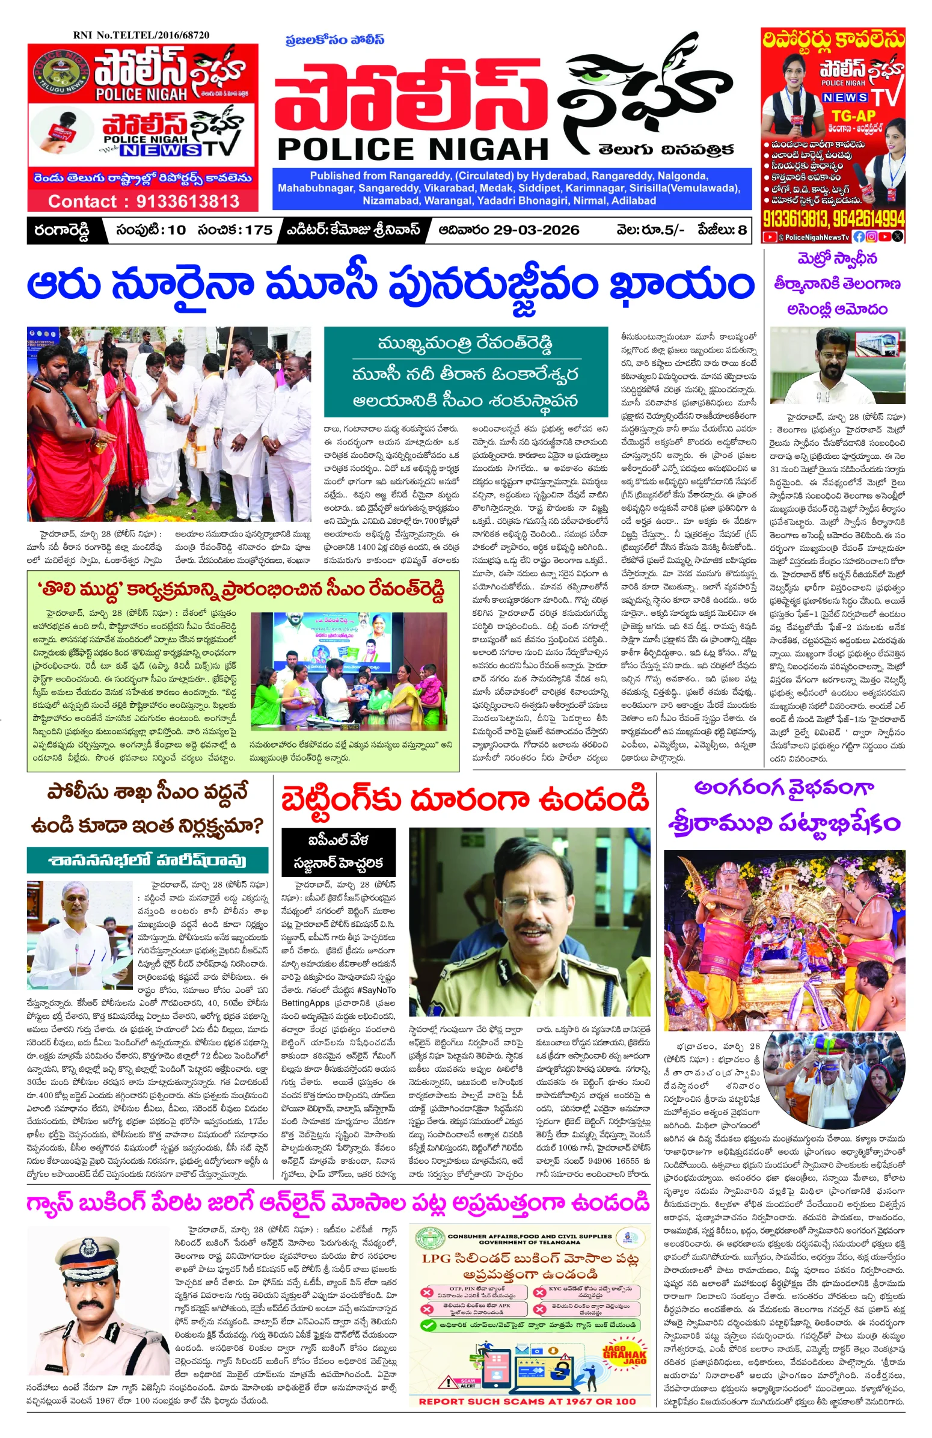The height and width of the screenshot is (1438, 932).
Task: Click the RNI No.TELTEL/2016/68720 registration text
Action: click(141, 35)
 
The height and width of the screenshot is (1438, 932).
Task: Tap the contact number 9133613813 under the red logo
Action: click(187, 201)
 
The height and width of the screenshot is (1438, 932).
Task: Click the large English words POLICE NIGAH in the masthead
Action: click(412, 149)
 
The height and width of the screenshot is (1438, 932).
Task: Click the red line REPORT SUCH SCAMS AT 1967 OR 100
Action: click(527, 1401)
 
